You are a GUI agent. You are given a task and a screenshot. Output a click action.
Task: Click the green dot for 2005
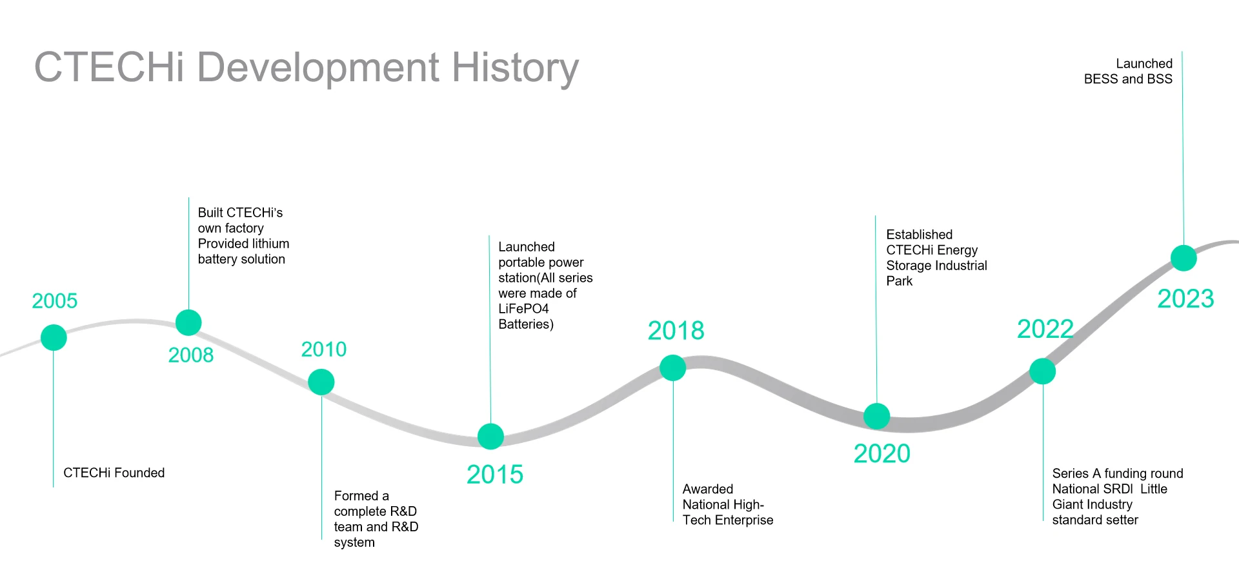(x=54, y=338)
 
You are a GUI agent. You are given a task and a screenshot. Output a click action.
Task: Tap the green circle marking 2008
(x=188, y=322)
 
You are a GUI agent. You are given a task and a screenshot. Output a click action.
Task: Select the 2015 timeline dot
(x=490, y=437)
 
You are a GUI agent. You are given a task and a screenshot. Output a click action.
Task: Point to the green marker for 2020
(x=876, y=417)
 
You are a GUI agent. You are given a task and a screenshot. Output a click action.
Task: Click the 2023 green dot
(x=1184, y=258)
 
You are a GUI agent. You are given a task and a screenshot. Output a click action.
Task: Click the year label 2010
(x=324, y=349)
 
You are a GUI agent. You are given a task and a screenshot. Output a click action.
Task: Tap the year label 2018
(x=676, y=331)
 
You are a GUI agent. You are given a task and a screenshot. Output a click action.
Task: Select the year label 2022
(x=1045, y=329)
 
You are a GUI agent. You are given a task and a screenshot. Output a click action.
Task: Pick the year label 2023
(x=1185, y=299)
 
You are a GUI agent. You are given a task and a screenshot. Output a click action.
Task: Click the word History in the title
(x=515, y=68)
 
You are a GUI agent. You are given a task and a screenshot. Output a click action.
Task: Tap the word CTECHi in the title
(x=109, y=67)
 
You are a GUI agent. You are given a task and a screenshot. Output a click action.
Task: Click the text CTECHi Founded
(x=114, y=473)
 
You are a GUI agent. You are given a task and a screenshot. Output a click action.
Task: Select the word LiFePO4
(x=523, y=309)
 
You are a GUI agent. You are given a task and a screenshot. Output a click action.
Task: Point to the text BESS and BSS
(x=1128, y=79)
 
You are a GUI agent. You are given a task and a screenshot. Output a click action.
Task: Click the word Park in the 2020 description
(x=899, y=281)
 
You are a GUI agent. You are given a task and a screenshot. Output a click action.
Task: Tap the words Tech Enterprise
(x=728, y=520)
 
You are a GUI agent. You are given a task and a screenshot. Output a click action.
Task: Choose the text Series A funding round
(x=1118, y=473)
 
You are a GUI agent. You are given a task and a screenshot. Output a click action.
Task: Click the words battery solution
(x=241, y=259)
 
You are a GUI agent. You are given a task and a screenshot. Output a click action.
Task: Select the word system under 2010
(x=354, y=543)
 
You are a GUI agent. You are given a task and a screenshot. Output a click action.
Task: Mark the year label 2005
(x=55, y=300)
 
